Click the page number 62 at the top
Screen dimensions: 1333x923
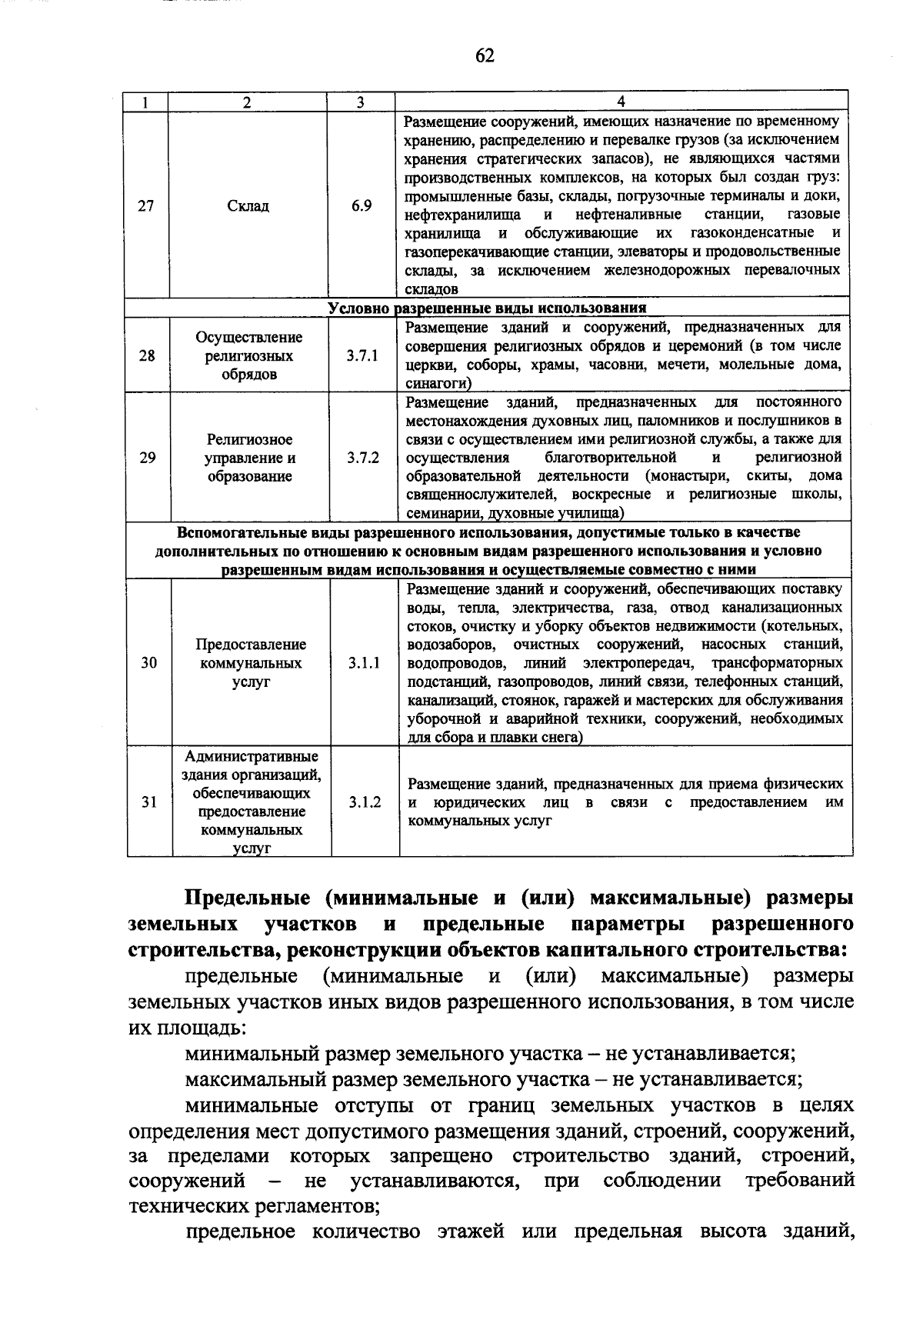[x=485, y=55]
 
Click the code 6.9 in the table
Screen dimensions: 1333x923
[x=362, y=206]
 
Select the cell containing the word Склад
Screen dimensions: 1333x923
[x=248, y=206]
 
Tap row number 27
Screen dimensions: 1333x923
[x=146, y=206]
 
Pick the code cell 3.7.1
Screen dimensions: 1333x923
[x=362, y=356]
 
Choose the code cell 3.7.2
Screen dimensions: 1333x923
[x=363, y=458]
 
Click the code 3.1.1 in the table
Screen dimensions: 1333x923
[x=364, y=663]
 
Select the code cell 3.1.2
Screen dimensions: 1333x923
[x=365, y=802]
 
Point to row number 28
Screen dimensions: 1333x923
[x=147, y=356]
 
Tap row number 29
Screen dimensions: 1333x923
[x=148, y=458]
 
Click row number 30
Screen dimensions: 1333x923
[x=149, y=663]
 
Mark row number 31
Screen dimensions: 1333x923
[x=149, y=802]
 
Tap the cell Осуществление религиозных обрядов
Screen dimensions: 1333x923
[x=249, y=356]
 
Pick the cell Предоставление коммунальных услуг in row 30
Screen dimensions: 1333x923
[x=251, y=663]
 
